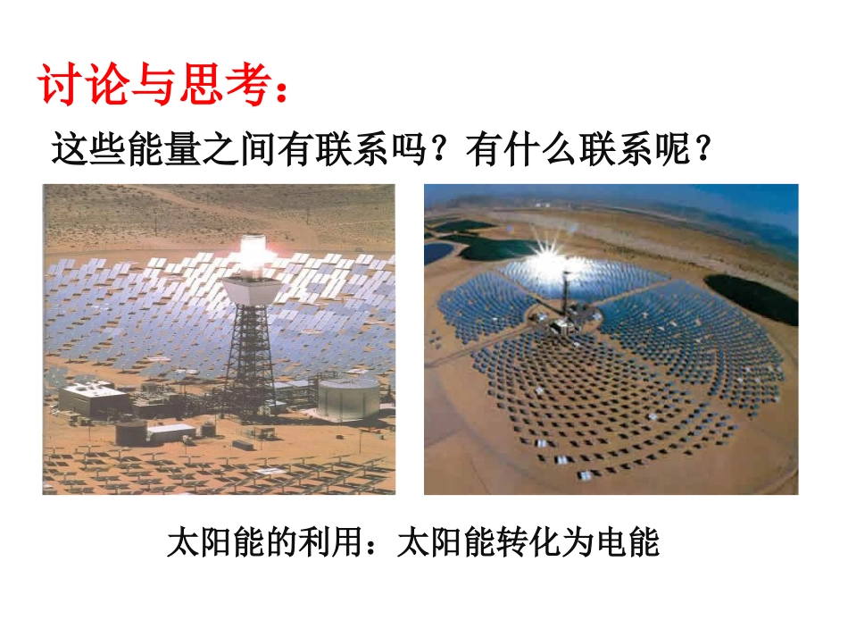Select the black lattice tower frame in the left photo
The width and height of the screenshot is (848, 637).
pyautogui.click(x=247, y=357)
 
